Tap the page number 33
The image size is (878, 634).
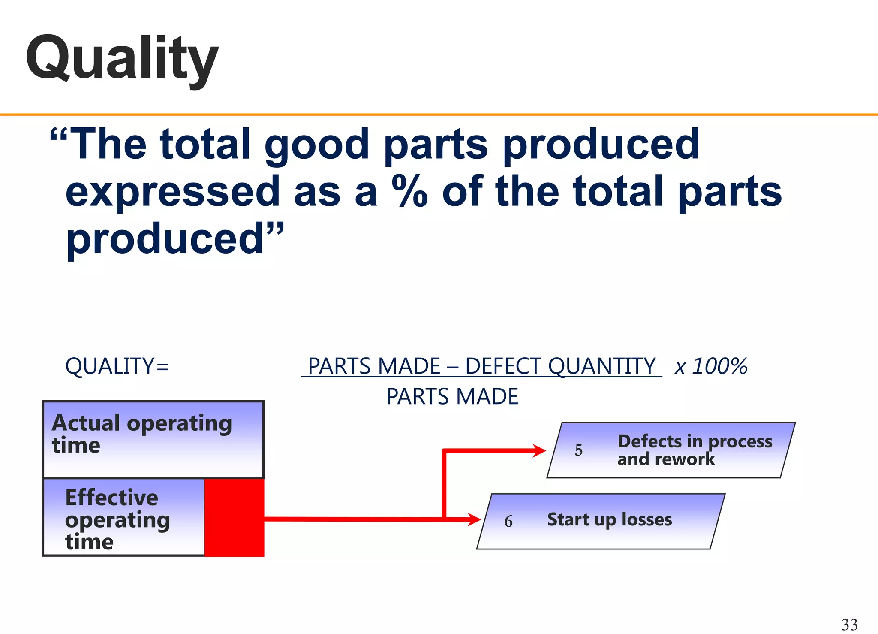(849, 624)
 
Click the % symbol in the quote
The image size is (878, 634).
(409, 192)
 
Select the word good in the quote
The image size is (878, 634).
(316, 145)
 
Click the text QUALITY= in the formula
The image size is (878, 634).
(117, 366)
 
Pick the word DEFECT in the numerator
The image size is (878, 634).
(504, 366)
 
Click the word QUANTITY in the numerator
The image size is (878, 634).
(602, 366)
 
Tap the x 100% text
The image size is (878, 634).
(711, 366)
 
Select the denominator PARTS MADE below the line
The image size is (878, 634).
(452, 396)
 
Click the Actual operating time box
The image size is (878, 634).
(153, 439)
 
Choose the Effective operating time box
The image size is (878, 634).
(123, 517)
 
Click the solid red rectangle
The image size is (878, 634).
(234, 517)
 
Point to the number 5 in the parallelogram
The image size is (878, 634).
(578, 450)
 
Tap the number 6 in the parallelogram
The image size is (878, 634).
(508, 521)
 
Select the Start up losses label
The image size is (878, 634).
(609, 519)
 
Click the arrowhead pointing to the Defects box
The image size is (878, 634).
(539, 450)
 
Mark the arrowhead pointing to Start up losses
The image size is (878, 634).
(474, 519)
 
